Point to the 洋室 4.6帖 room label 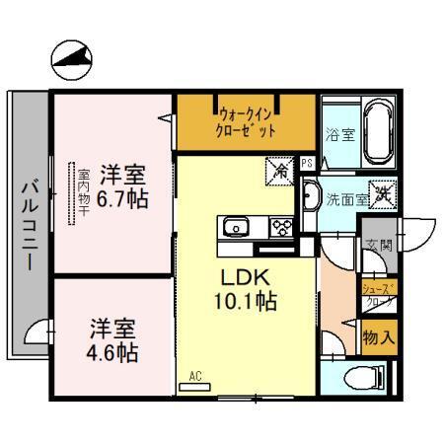click(x=111, y=340)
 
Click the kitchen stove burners click(x=279, y=229)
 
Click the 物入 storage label click(x=379, y=335)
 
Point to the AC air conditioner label click(x=194, y=377)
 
